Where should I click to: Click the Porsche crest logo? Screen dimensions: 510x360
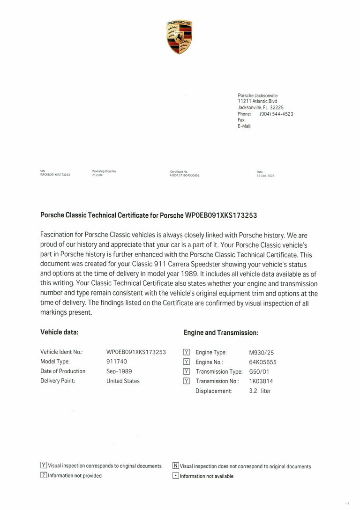180,37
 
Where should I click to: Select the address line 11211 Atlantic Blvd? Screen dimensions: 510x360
257,101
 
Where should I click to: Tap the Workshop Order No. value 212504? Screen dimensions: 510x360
97,175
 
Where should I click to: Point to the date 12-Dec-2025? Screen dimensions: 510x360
265,176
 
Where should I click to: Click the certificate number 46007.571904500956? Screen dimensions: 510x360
185,176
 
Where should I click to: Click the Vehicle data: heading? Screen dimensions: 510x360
59,332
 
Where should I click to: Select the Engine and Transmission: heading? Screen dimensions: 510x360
221,333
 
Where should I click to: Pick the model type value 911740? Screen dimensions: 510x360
116,362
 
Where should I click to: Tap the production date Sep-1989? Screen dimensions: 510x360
119,371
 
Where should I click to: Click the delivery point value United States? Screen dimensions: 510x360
123,381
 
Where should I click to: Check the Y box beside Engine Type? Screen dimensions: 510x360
186,352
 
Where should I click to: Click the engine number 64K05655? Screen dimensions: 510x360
262,362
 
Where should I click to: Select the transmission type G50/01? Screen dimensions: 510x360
260,371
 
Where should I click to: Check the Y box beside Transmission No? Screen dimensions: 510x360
186,381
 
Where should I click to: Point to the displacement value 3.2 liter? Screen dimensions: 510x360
260,391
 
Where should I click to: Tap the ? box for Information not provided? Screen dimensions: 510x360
44,475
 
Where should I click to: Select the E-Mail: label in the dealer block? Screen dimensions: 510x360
245,126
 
